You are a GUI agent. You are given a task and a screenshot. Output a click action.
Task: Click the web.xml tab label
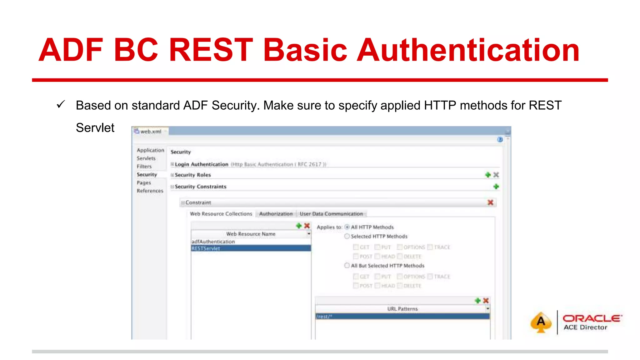coord(151,132)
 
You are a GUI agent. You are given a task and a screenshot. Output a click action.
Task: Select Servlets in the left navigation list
coord(146,158)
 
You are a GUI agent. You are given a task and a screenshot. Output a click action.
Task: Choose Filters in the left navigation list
coord(144,167)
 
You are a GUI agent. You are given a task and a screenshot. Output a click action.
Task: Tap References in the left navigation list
coord(150,191)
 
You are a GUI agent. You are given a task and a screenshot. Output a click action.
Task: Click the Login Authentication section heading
coord(202,164)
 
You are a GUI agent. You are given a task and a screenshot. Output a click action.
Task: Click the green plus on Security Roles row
coord(488,175)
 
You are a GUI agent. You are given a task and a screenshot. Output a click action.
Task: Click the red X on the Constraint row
coord(490,202)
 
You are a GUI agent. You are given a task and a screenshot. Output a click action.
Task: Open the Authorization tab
coord(276,214)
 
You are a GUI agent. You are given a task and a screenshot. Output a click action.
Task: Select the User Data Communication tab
coord(331,214)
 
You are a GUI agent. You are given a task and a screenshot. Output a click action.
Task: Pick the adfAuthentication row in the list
coord(213,242)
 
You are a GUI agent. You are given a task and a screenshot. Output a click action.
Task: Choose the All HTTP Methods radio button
coord(347,227)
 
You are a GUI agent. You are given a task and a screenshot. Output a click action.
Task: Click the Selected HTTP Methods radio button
coord(347,236)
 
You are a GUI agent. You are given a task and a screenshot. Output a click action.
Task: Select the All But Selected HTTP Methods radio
coord(347,266)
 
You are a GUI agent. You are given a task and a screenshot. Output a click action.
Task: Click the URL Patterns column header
coord(402,309)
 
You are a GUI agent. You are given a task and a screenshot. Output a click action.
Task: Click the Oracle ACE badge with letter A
coord(541,322)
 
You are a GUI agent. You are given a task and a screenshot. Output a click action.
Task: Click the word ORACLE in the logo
coord(592,318)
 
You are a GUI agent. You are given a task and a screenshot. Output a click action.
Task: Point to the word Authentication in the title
coord(468,50)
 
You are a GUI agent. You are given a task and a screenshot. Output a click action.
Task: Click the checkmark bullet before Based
coord(61,104)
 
